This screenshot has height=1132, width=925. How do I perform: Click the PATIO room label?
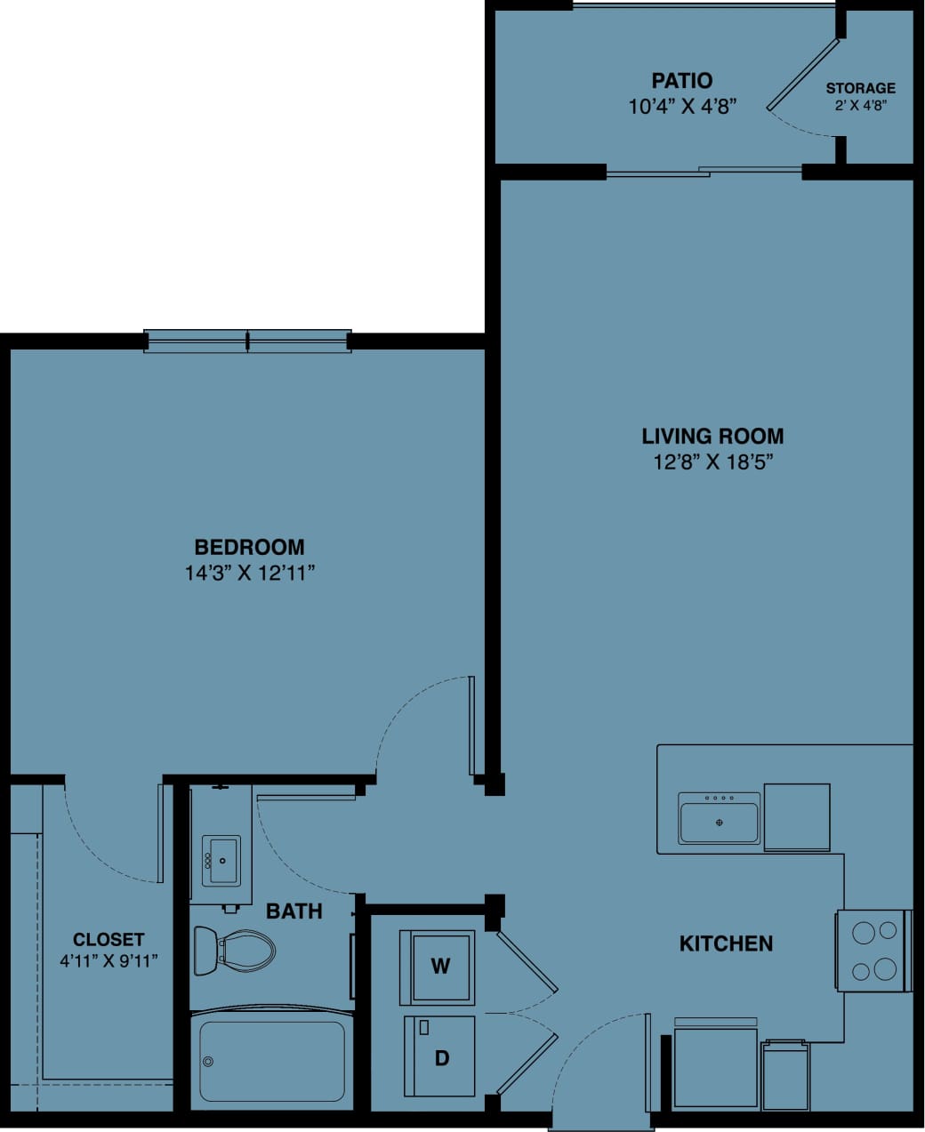[x=681, y=81]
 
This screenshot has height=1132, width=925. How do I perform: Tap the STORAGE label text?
[x=860, y=88]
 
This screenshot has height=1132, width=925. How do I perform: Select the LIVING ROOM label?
[x=712, y=436]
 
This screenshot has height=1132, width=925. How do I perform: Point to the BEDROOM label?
[x=249, y=547]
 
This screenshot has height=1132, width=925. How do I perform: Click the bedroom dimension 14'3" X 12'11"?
[x=250, y=573]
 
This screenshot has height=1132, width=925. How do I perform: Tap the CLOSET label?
[x=109, y=939]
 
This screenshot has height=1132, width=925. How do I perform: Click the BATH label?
[x=294, y=911]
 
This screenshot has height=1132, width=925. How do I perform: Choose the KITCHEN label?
[x=726, y=943]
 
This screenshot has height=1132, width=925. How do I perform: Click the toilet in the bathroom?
[x=234, y=951]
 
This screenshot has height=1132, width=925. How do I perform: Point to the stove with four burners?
[x=873, y=951]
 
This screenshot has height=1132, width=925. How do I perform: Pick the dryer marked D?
[x=440, y=1056]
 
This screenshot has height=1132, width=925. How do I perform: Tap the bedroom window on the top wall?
[x=248, y=340]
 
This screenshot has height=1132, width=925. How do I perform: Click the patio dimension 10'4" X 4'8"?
[x=681, y=107]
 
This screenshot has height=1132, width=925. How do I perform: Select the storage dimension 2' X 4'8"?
[x=860, y=105]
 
